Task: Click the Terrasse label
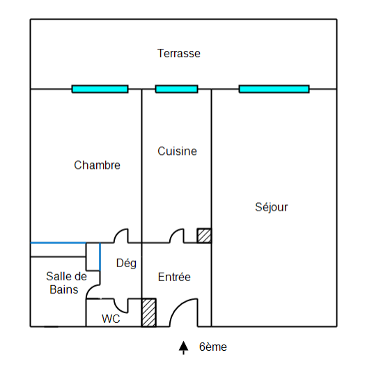[x=178, y=53]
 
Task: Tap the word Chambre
[x=97, y=165]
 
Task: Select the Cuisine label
[x=177, y=151]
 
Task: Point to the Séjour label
[x=272, y=207]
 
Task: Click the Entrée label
[x=174, y=277]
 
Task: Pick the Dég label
[x=126, y=263]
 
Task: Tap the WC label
[x=111, y=319]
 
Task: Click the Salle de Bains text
[x=66, y=282]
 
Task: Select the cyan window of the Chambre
[x=100, y=89]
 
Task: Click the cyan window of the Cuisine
[x=176, y=89]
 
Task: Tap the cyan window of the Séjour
[x=274, y=89]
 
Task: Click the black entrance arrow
[x=183, y=347]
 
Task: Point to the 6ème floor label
[x=213, y=347]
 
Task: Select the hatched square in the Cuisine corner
[x=204, y=236]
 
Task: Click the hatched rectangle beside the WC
[x=149, y=312]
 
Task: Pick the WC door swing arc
[x=118, y=309]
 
